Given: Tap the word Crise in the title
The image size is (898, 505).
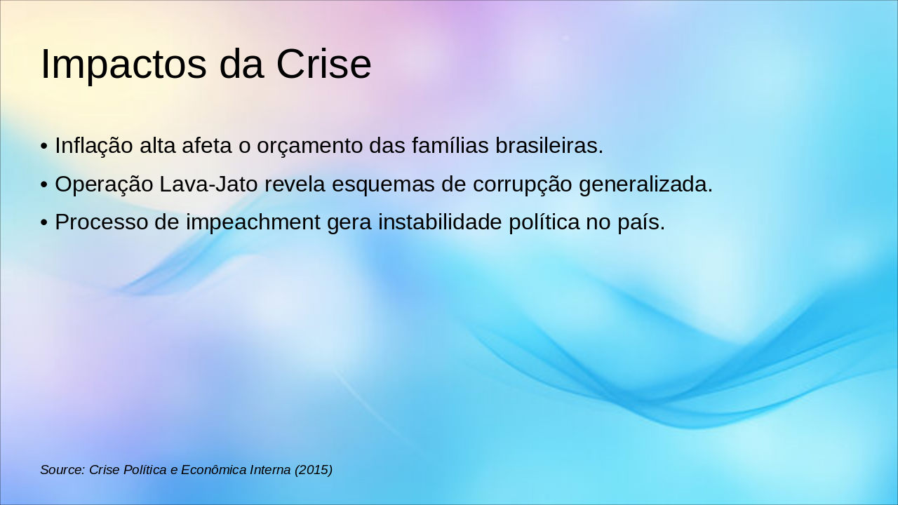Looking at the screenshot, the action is point(323,64).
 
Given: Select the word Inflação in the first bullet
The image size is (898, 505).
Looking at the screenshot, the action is point(94,145).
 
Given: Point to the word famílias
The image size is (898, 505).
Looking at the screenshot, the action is point(450,144).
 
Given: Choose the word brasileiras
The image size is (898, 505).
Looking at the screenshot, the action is point(549,144).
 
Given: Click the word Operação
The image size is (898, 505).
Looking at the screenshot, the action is point(104,184).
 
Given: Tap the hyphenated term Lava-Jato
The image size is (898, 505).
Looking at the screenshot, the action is point(208,184).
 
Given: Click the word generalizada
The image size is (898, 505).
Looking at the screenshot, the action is point(645,184).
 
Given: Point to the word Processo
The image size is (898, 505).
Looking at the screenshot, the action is point(102,222).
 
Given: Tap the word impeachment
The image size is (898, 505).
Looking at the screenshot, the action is point(253,223).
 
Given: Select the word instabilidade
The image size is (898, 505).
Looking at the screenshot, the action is point(440,222).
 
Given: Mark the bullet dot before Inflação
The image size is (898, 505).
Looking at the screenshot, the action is point(44,146).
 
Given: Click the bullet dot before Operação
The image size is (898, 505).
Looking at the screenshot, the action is point(44,184).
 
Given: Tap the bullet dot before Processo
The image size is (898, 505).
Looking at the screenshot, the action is point(44,222).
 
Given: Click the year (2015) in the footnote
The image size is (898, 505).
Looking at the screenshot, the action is point(314,470).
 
